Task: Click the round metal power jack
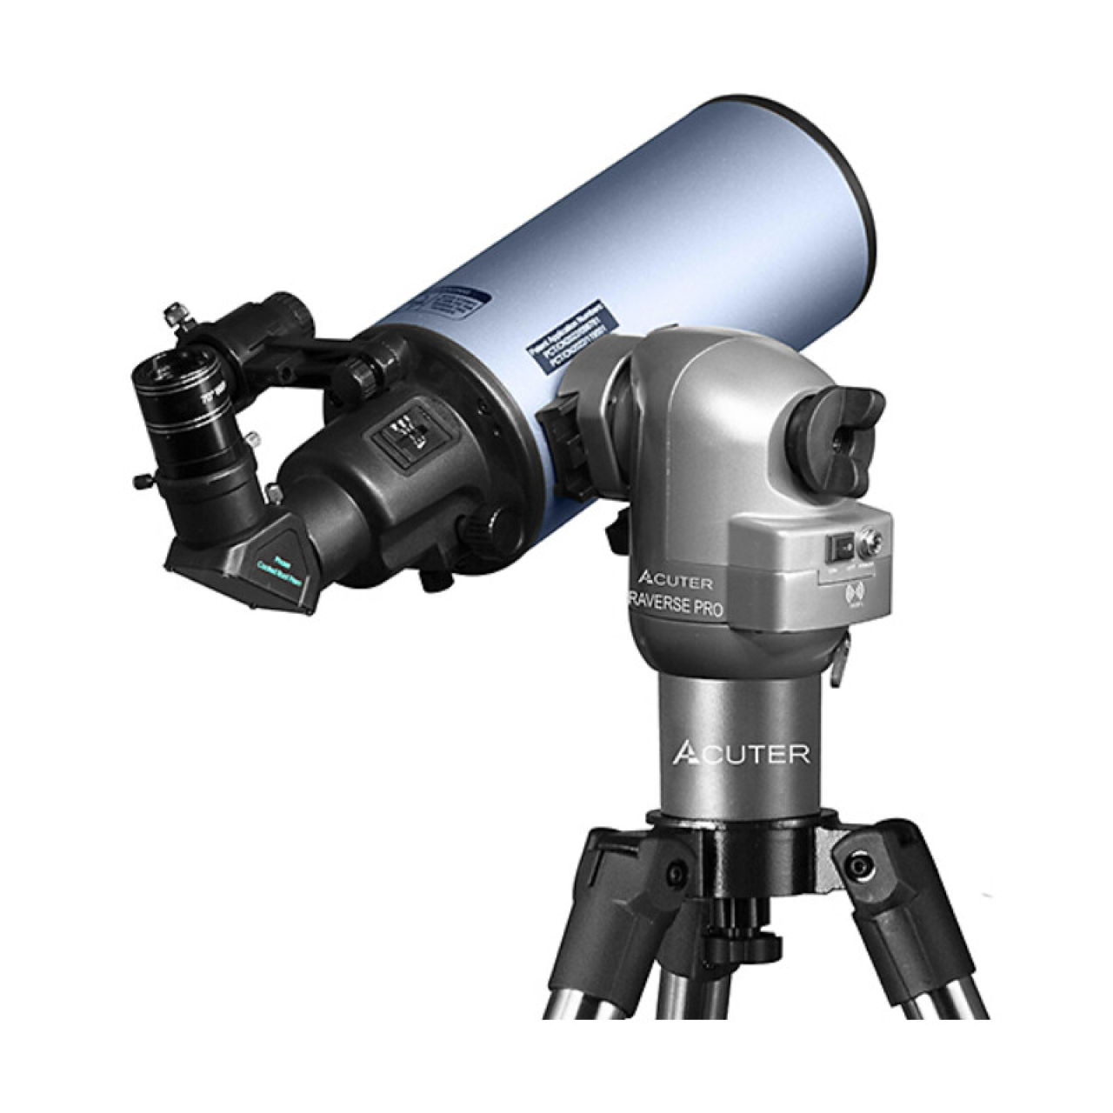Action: [x=870, y=545]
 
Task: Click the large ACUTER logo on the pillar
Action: [x=741, y=753]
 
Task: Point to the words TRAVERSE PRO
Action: [x=676, y=606]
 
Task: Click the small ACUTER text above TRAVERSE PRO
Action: [x=675, y=581]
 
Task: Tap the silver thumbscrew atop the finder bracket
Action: [x=177, y=313]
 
